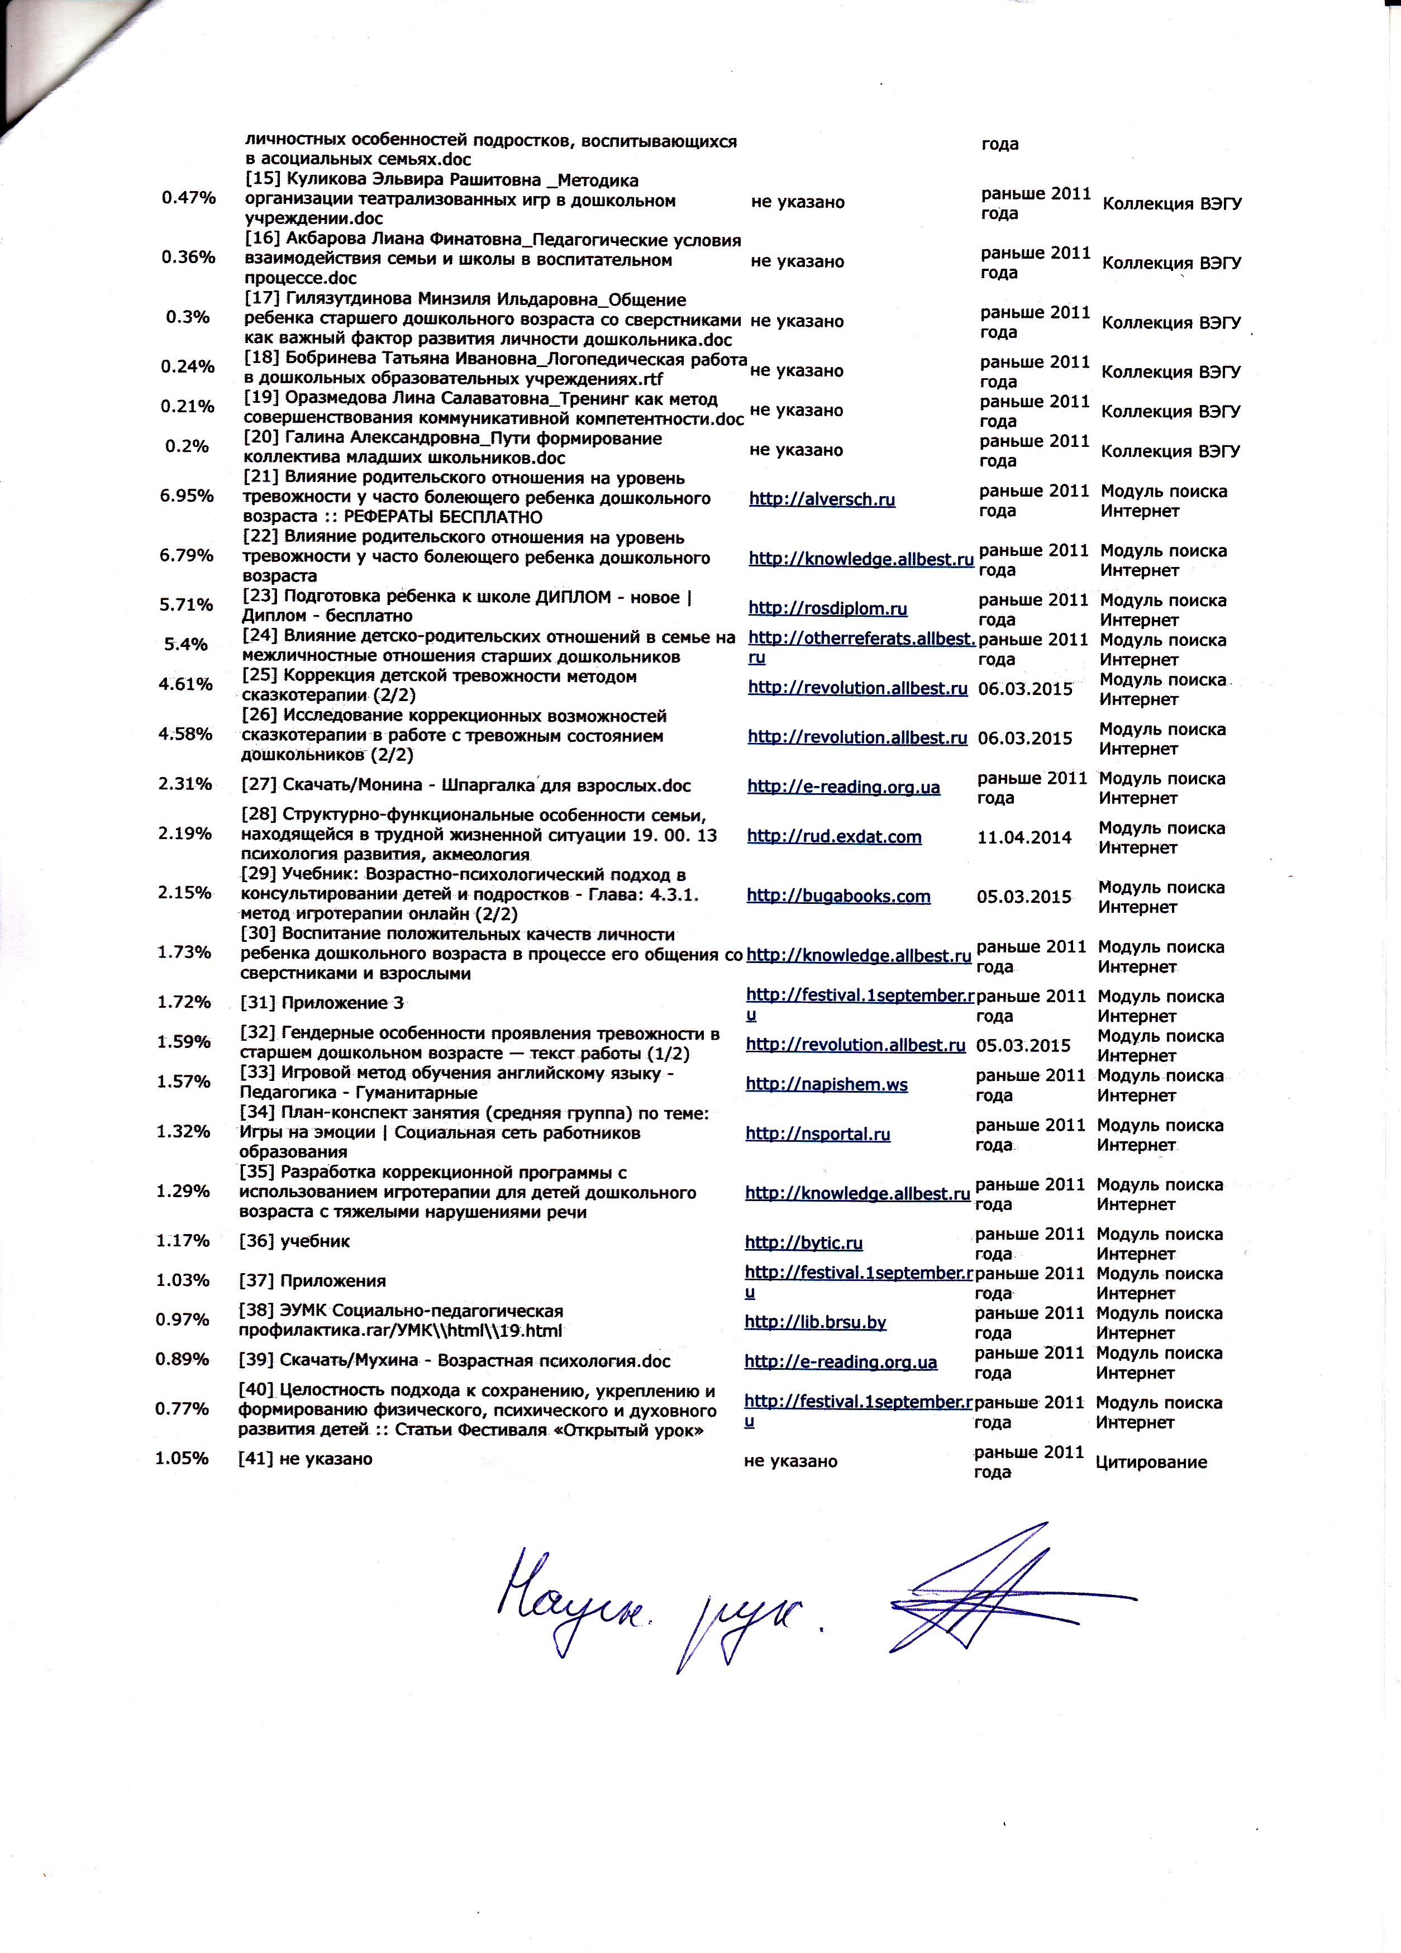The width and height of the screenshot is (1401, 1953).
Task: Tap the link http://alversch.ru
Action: pyautogui.click(x=822, y=499)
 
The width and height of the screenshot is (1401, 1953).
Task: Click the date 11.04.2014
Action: pyautogui.click(x=1024, y=837)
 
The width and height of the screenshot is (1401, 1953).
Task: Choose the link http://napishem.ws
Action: pyautogui.click(x=826, y=1084)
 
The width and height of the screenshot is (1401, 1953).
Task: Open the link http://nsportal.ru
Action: pyautogui.click(x=817, y=1134)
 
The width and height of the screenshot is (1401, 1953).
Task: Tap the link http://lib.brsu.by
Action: pyautogui.click(x=814, y=1322)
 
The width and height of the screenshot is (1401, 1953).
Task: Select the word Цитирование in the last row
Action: pyautogui.click(x=1150, y=1462)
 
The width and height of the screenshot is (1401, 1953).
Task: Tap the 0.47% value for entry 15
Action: pyautogui.click(x=189, y=198)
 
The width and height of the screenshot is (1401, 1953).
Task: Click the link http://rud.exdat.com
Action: pyautogui.click(x=833, y=837)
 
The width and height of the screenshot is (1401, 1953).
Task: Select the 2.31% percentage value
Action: pyautogui.click(x=184, y=784)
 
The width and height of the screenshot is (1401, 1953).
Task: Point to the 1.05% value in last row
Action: pyautogui.click(x=182, y=1458)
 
